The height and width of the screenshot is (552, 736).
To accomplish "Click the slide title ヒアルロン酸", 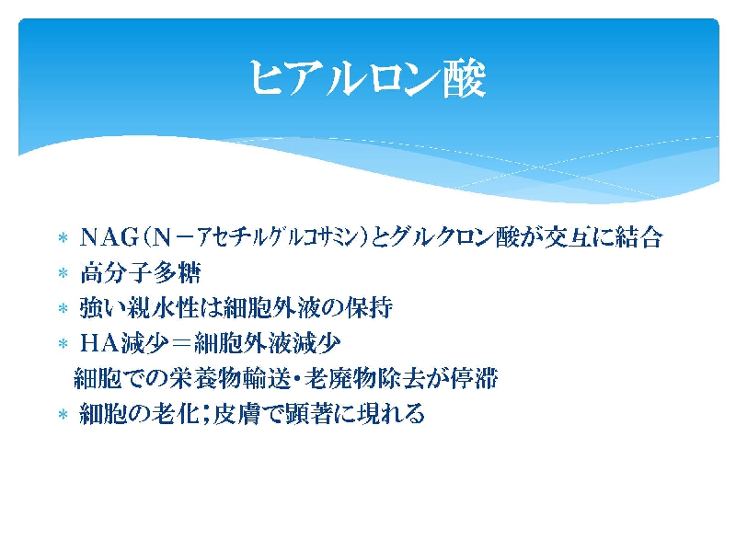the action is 367,78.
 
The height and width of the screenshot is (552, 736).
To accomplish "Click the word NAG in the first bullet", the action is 109,237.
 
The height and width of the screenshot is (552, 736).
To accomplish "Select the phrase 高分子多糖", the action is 141,272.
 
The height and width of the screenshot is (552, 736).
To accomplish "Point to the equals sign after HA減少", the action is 180,344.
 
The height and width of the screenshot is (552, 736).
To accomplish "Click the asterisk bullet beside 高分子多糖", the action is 63,272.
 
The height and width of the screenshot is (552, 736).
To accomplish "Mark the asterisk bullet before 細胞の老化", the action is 63,414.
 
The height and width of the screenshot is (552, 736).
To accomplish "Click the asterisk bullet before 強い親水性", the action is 63,308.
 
